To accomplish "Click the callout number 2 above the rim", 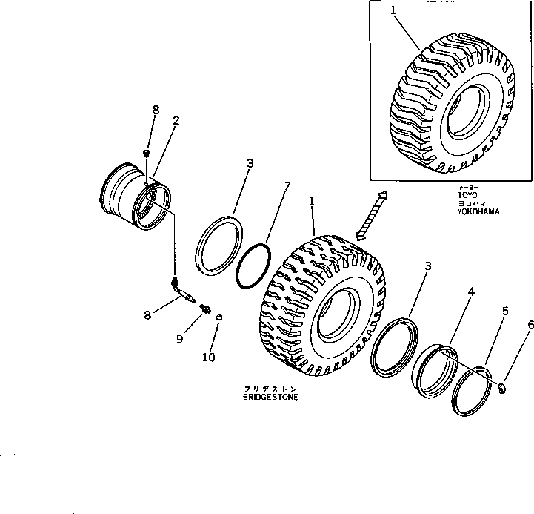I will pyautogui.click(x=176, y=121).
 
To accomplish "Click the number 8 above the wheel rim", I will pyautogui.click(x=156, y=110).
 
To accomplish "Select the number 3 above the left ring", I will pyautogui.click(x=250, y=163).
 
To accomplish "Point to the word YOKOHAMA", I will pyautogui.click(x=478, y=211).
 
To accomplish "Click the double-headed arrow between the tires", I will pyautogui.click(x=370, y=215).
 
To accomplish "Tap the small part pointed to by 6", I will pyautogui.click(x=501, y=388).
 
